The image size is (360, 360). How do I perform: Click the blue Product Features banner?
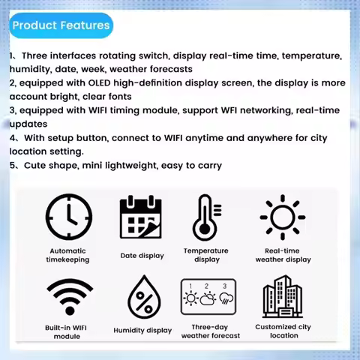(x=61, y=25)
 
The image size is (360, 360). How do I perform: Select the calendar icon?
(x=142, y=218)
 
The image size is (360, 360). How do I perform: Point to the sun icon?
(x=283, y=217)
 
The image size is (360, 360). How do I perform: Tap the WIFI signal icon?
(x=68, y=298)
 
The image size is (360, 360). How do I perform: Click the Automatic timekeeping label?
(x=68, y=255)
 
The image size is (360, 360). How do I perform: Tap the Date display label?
(x=142, y=256)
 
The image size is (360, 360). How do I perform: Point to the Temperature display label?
(x=207, y=255)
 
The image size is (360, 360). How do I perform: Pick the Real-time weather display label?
(x=283, y=255)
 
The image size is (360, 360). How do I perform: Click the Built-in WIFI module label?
(x=67, y=331)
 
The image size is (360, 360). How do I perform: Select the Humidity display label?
(x=142, y=330)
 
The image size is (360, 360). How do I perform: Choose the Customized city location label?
(x=283, y=331)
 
